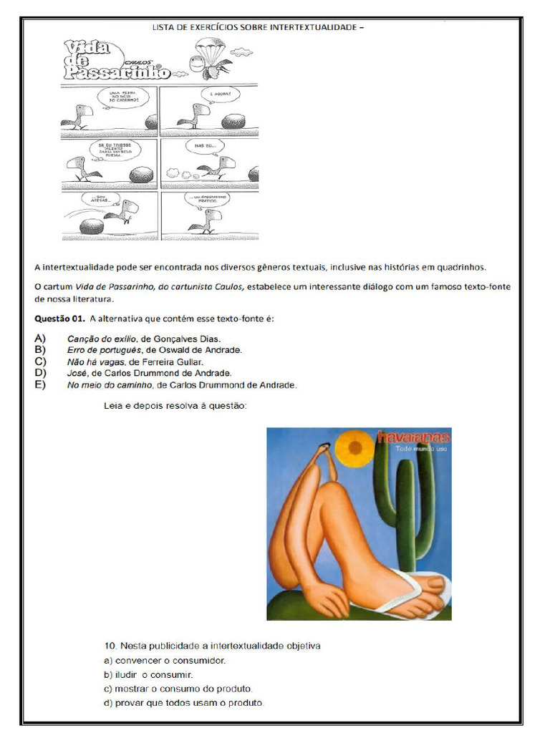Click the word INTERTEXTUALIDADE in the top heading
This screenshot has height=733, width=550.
(x=313, y=27)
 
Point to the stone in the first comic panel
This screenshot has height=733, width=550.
(x=151, y=122)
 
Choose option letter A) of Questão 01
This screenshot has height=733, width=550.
(x=40, y=338)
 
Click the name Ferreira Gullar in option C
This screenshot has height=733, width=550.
(x=178, y=361)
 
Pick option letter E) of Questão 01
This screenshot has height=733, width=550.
(x=40, y=385)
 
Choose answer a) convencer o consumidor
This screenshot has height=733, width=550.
(x=165, y=660)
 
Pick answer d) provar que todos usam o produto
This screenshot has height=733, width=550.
(x=184, y=703)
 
